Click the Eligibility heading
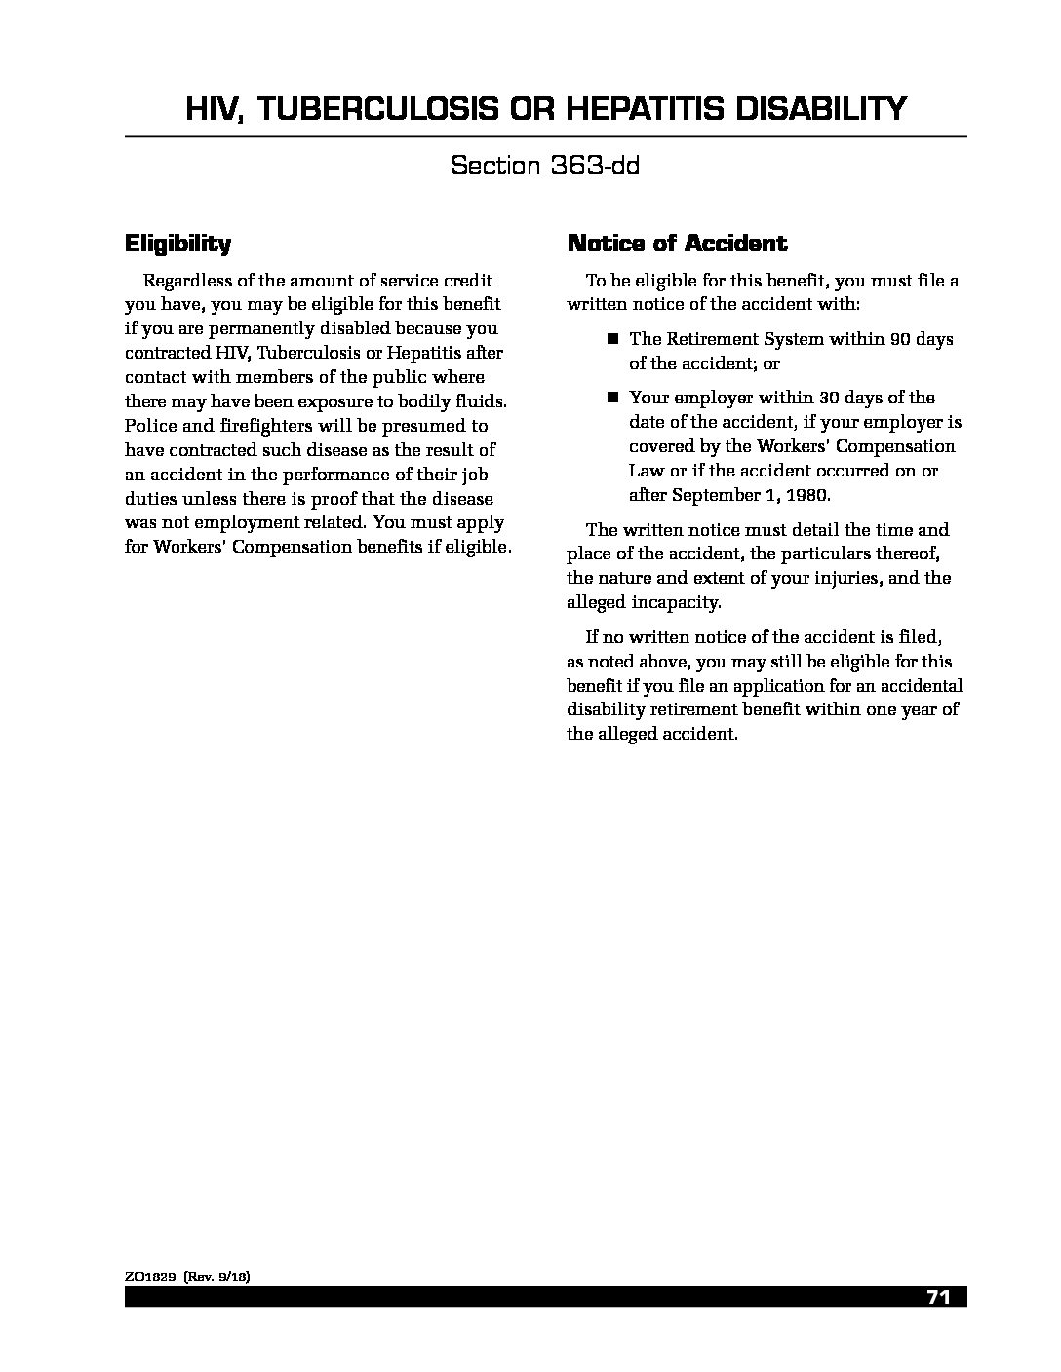tap(177, 243)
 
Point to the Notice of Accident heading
tap(677, 243)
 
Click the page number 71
tap(938, 1297)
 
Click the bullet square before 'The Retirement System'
tap(613, 339)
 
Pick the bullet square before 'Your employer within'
tap(613, 398)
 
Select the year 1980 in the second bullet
tap(805, 494)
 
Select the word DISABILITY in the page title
tap(820, 109)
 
